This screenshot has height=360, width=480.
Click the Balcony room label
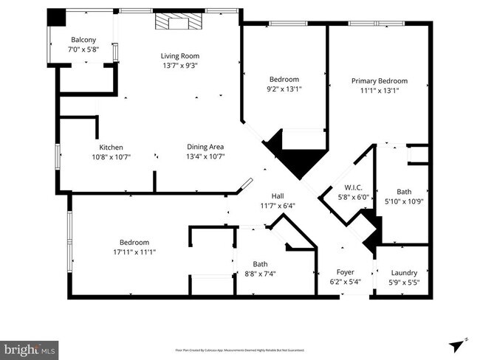pos(83,40)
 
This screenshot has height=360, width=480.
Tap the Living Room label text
pos(180,55)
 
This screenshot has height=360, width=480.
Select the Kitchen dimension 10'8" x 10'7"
pos(111,156)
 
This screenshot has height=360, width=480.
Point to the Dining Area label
pos(205,146)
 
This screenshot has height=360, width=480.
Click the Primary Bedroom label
pos(379,81)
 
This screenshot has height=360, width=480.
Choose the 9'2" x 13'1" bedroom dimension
pos(284,89)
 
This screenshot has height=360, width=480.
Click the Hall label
pos(278,195)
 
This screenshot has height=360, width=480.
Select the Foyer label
pos(346,271)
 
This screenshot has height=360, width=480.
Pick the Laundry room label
pos(404,271)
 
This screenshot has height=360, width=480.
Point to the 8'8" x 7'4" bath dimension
pos(260,274)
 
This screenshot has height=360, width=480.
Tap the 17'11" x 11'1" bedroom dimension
pos(134,252)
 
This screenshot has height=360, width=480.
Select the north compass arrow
pos(457,345)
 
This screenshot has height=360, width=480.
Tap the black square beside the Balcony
pos(56,18)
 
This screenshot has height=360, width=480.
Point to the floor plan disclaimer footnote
pos(240,350)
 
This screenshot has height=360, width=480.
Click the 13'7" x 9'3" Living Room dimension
pos(180,65)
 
